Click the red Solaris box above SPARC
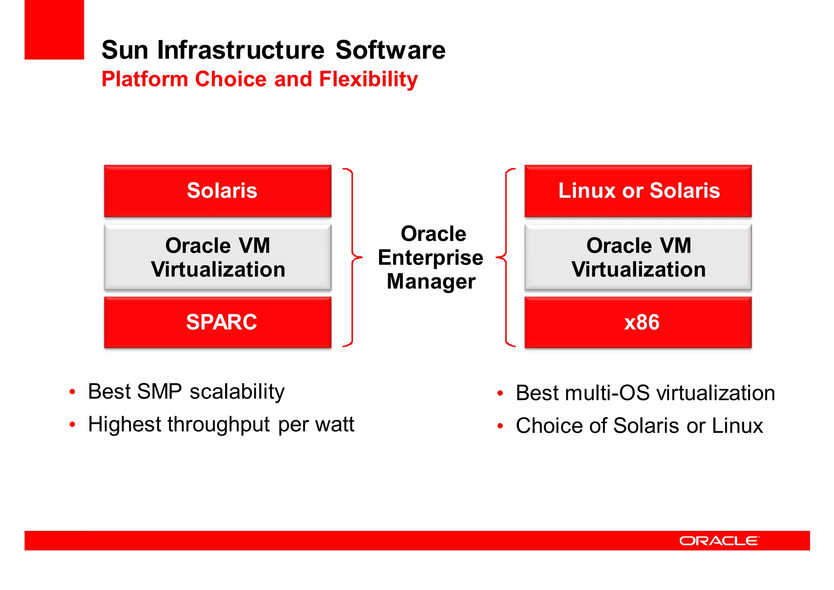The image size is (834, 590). click(x=217, y=191)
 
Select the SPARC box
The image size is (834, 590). click(x=217, y=322)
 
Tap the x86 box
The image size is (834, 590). click(x=638, y=322)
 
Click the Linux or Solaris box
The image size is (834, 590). click(x=638, y=191)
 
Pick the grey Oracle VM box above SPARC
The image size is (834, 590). click(x=217, y=257)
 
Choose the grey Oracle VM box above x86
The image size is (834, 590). click(x=638, y=257)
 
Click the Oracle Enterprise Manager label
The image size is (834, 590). click(x=431, y=257)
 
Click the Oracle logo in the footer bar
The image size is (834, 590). click(x=719, y=541)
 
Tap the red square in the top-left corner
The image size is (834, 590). click(x=54, y=29)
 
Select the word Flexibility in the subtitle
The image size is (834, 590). click(x=368, y=79)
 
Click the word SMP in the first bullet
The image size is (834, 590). click(x=159, y=391)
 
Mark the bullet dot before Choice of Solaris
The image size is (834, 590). click(x=500, y=426)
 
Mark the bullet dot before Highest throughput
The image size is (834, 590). click(x=72, y=425)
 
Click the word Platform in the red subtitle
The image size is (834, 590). click(x=144, y=79)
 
